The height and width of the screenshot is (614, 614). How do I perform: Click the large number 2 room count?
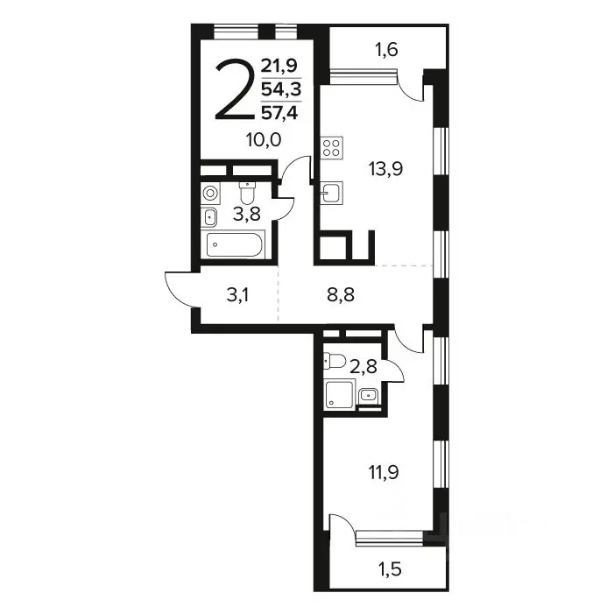(234, 89)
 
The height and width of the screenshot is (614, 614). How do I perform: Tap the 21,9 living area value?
(279, 66)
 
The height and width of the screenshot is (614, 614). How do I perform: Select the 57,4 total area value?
(279, 113)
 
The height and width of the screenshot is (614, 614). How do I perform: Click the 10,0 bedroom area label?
(264, 140)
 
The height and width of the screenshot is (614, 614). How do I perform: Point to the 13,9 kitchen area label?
(385, 169)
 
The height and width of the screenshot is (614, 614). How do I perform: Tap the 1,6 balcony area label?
(386, 50)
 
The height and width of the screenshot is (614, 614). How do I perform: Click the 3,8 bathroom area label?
(247, 215)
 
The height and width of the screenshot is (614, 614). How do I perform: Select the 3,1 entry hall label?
(237, 295)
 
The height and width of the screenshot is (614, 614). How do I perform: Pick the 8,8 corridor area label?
(341, 295)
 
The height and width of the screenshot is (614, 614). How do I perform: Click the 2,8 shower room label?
(363, 367)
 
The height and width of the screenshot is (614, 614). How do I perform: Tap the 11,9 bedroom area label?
(384, 473)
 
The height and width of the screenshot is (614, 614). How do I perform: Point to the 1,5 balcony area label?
(391, 568)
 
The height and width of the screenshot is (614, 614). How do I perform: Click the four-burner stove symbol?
(332, 148)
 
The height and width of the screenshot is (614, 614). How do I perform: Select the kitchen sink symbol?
(331, 193)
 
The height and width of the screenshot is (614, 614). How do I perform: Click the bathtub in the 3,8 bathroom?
(233, 244)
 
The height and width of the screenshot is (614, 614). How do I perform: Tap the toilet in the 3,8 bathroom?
(247, 193)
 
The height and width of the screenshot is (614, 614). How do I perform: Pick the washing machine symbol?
(211, 193)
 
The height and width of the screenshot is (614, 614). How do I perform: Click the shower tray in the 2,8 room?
(340, 394)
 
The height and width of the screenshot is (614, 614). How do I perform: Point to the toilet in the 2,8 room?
(334, 361)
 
